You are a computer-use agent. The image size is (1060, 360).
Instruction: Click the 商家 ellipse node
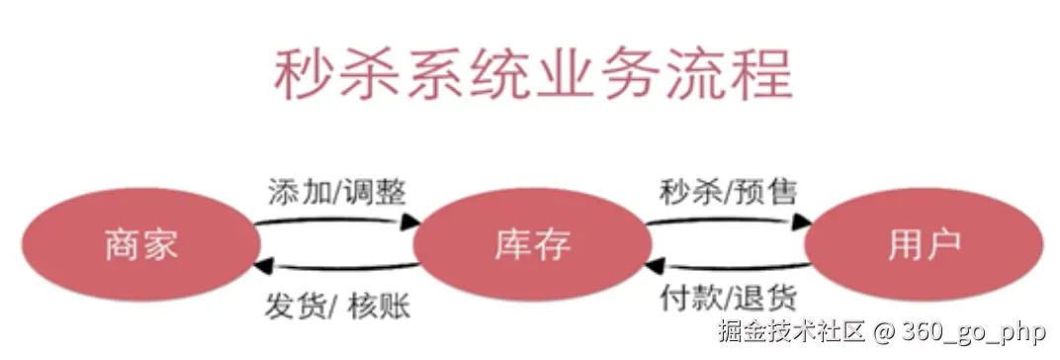coord(140,244)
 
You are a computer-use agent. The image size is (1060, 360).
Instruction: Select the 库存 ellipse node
coord(532,244)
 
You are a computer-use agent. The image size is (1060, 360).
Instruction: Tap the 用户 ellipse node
coord(924,244)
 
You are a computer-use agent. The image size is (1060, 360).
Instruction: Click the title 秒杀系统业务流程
coord(533,74)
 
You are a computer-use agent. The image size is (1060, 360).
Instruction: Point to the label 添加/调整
coord(336,192)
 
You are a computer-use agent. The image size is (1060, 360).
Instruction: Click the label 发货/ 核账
coord(336,307)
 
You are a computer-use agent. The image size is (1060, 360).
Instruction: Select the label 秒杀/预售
coord(728,192)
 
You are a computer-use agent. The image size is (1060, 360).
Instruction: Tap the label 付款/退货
coord(728,299)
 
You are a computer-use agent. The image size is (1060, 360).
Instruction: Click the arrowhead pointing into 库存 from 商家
coord(411,221)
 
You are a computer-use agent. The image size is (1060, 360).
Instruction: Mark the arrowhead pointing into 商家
coord(264,266)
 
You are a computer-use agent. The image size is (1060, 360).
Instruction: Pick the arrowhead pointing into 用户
coord(803,221)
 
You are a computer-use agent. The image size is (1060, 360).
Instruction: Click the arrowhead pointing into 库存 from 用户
coord(655,266)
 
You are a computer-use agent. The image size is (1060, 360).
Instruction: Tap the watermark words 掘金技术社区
coord(792,331)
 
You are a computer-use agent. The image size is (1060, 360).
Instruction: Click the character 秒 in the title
coord(304,74)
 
